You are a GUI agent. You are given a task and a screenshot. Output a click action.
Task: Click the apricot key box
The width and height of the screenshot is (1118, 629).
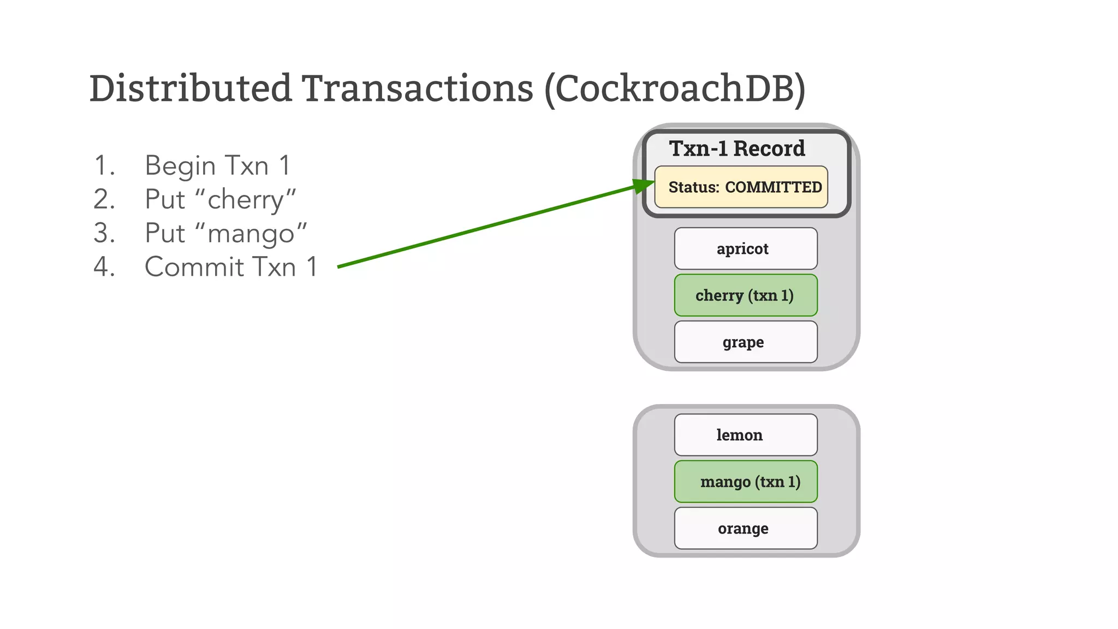coord(745,248)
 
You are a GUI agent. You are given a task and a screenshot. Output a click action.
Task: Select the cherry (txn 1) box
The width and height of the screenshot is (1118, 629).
coord(745,295)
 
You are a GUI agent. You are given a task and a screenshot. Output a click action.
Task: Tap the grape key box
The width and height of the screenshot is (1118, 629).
coord(745,342)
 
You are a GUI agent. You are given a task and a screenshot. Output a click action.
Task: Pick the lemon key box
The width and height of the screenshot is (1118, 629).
coord(745,435)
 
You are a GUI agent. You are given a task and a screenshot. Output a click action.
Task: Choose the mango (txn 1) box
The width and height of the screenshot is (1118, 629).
coord(745,482)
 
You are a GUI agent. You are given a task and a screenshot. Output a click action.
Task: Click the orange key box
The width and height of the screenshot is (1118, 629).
coord(745,528)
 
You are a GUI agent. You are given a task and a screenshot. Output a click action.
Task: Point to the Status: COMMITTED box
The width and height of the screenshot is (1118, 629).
coord(741,187)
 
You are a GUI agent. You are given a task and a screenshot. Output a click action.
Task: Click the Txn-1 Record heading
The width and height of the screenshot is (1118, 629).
coord(737,149)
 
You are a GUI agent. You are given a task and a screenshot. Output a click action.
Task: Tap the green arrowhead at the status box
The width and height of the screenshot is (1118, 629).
coord(644,186)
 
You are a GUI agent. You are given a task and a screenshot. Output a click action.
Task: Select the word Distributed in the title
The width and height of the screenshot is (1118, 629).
coord(191,88)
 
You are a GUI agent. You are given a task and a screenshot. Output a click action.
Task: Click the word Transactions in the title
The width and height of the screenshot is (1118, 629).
coord(418,88)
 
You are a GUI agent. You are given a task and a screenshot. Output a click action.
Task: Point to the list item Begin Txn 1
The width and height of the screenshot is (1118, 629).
coord(217,165)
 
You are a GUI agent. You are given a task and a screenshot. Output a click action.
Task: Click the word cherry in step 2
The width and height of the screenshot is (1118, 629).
coord(245,200)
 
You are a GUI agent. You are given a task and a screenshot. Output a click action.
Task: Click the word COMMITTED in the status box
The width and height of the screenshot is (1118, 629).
coord(773,187)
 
